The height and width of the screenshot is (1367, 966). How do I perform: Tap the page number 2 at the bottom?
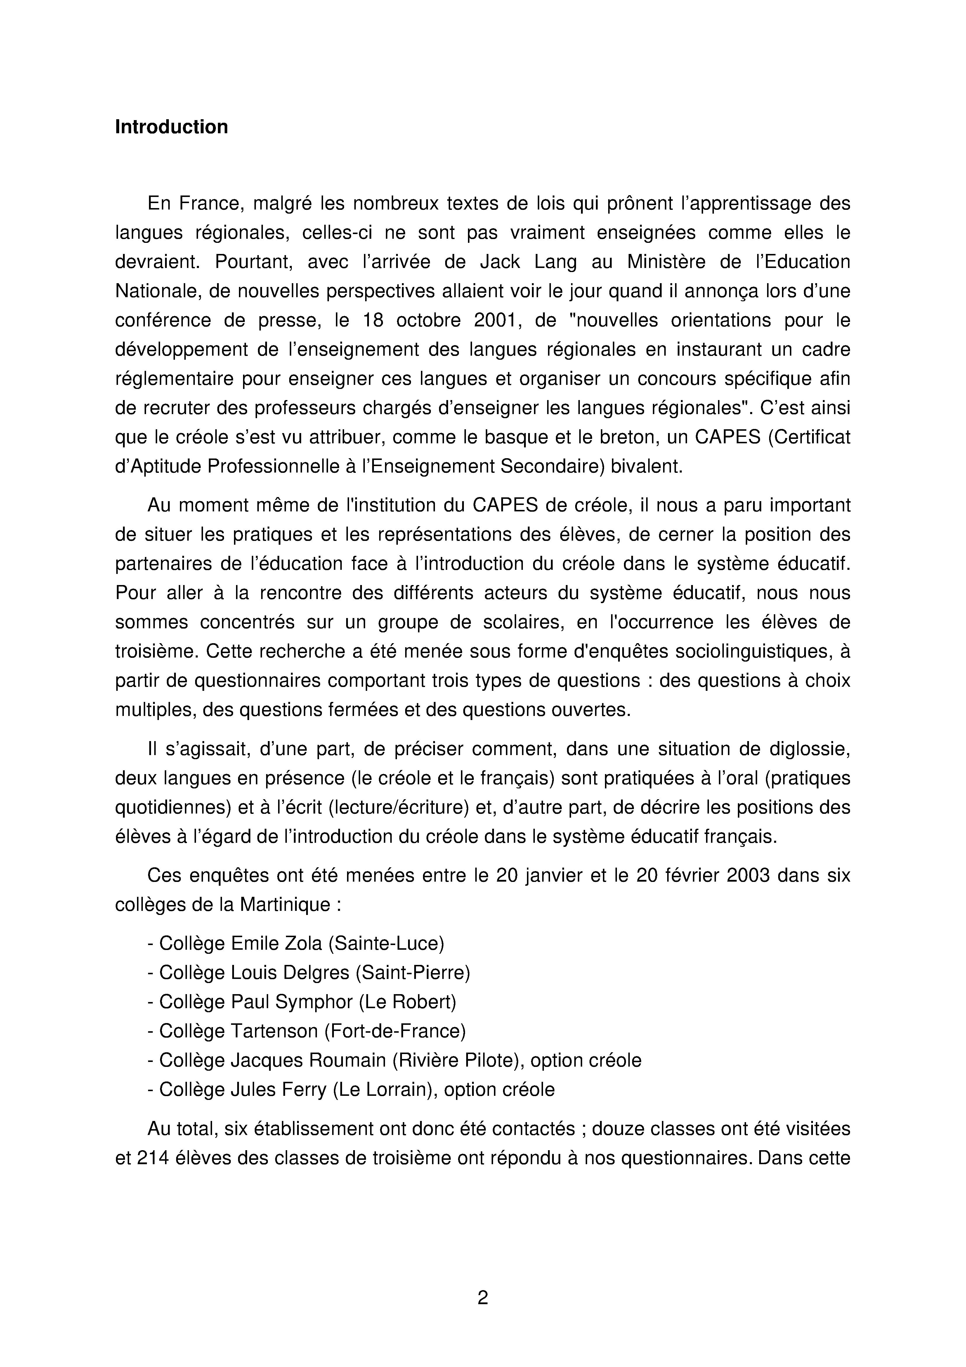[483, 1297]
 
